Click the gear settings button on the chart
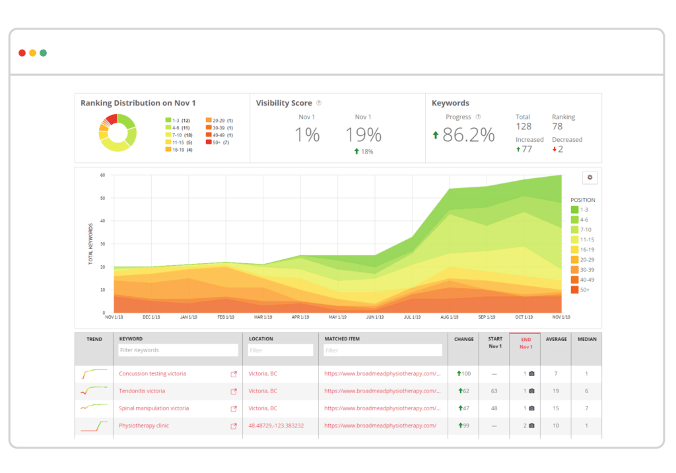[x=590, y=177]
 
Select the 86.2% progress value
[x=468, y=135]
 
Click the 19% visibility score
[x=363, y=135]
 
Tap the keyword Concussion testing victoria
[x=152, y=374]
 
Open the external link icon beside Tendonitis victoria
[x=233, y=391]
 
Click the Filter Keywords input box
[x=178, y=350]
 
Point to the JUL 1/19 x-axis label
[x=412, y=317]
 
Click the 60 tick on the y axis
[x=102, y=175]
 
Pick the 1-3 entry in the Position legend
[x=582, y=210]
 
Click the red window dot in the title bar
[x=22, y=53]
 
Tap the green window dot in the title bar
[x=43, y=53]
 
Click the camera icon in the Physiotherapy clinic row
[x=531, y=426]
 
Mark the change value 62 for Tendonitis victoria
[x=464, y=391]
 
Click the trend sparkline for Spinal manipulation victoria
[x=94, y=408]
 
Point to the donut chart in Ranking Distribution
[x=118, y=133]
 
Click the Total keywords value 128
[x=524, y=127]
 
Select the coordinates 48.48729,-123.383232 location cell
[x=276, y=426]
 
